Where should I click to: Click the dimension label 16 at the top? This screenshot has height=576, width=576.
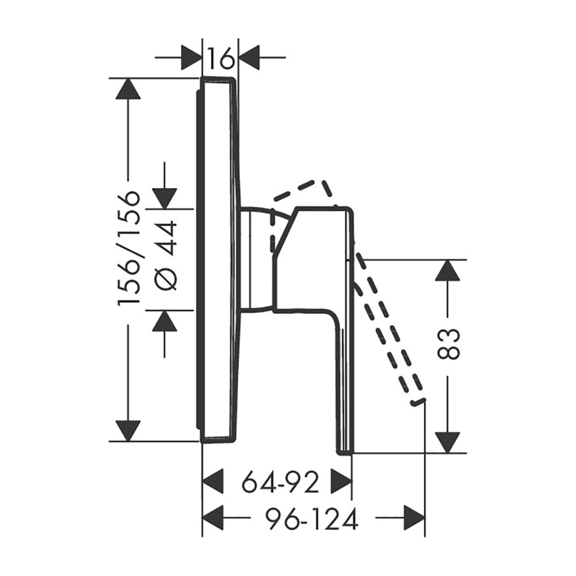220,58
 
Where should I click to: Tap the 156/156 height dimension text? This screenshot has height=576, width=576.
129,247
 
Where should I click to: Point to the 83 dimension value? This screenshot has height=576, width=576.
449,344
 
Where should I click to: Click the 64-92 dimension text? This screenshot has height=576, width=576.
280,481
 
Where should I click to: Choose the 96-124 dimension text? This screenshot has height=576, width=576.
311,519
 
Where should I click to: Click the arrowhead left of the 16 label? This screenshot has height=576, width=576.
191,58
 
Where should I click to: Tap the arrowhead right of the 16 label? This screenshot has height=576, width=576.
250,58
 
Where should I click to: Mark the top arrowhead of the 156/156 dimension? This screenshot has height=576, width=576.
128,88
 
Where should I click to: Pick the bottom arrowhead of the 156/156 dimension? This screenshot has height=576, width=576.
128,431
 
